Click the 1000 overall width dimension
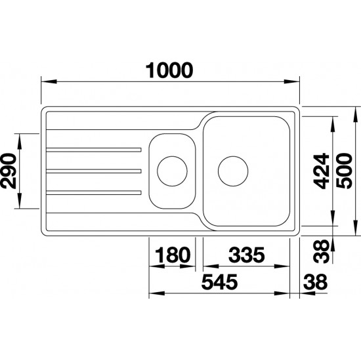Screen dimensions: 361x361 tap(169, 70)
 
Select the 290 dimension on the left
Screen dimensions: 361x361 tap(9, 171)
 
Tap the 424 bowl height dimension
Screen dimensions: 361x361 tap(322, 171)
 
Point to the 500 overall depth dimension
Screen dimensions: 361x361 tap(344, 171)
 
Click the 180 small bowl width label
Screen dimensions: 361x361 tap(173, 255)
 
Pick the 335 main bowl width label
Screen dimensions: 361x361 tap(247, 255)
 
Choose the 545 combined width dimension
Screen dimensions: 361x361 tap(219, 282)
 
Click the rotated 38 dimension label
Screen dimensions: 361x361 tap(322, 251)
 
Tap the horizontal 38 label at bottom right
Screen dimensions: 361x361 tap(315, 282)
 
